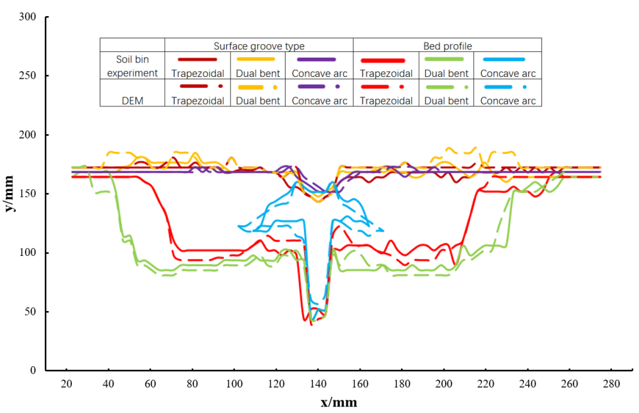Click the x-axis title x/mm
pyautogui.click(x=339, y=402)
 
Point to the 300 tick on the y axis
pyautogui.click(x=27, y=17)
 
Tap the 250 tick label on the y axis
pyautogui.click(x=27, y=76)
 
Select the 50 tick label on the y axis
pyautogui.click(x=30, y=312)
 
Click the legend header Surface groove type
pyautogui.click(x=259, y=46)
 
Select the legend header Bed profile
pyautogui.click(x=447, y=46)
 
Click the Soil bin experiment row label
pyautogui.click(x=132, y=66)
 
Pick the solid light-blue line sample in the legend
pyautogui.click(x=507, y=60)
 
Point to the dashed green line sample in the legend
pyautogui.click(x=447, y=87)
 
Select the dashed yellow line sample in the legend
pyautogui.click(x=258, y=87)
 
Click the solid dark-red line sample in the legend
pyautogui.click(x=197, y=60)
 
